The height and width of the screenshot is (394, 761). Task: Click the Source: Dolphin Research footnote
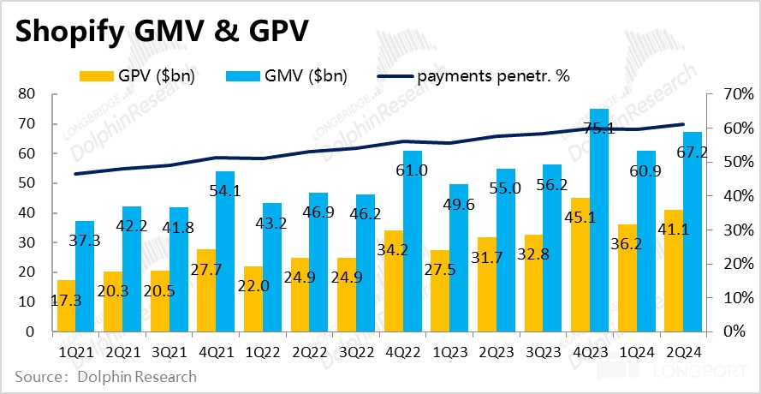(x=104, y=377)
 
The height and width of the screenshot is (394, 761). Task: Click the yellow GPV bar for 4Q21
(x=205, y=291)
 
